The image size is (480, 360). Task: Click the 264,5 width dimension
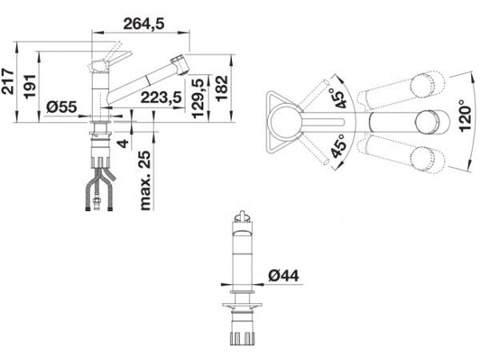click(143, 23)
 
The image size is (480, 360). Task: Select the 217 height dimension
click(8, 82)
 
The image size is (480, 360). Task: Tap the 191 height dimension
click(30, 86)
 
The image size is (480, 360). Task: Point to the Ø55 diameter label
click(62, 107)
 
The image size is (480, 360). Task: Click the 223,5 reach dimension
click(162, 98)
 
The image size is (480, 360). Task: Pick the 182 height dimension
click(222, 88)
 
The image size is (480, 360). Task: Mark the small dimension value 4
click(124, 143)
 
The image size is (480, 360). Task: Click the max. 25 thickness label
click(146, 181)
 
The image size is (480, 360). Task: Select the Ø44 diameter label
click(283, 276)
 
